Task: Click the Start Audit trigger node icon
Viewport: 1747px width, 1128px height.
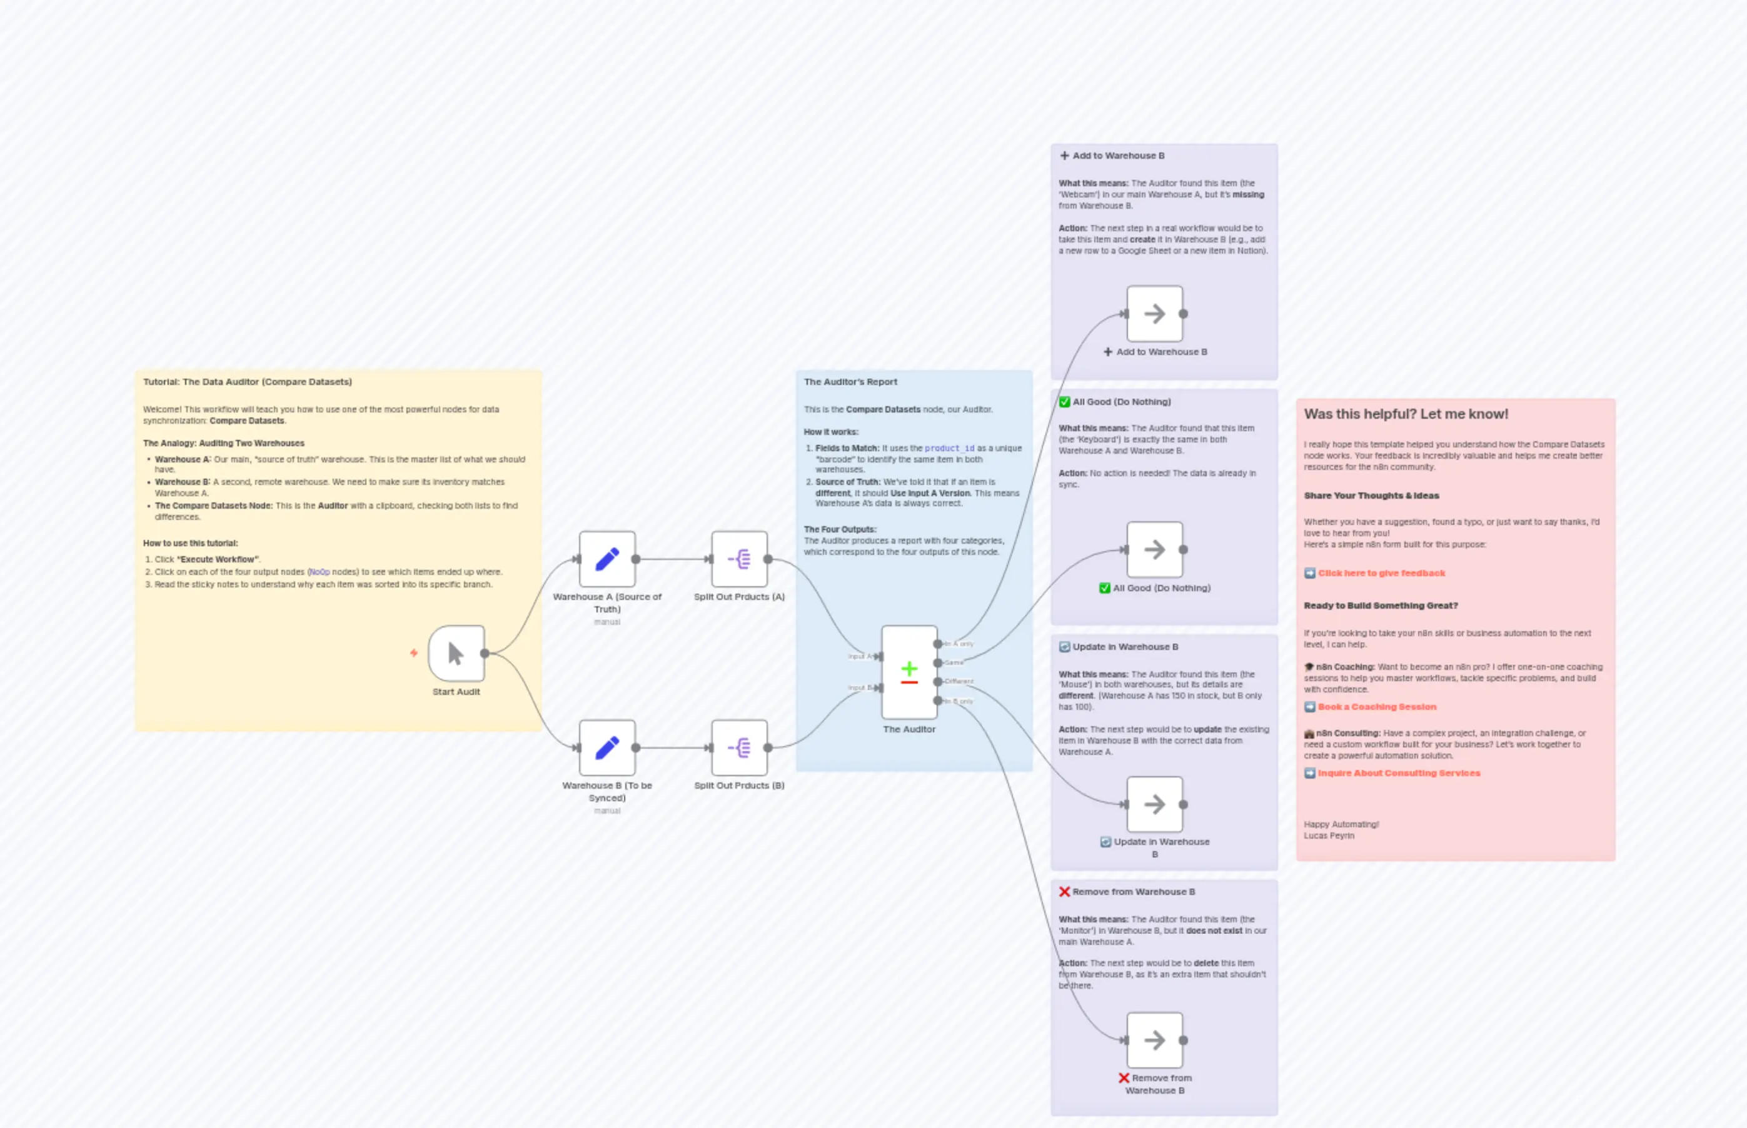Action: click(x=456, y=652)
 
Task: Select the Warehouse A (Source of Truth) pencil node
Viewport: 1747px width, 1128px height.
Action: click(x=607, y=559)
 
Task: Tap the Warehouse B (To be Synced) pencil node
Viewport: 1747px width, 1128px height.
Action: click(x=607, y=747)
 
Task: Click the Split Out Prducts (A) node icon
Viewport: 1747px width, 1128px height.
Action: click(x=738, y=559)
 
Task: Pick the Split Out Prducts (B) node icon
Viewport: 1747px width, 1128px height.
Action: click(x=738, y=747)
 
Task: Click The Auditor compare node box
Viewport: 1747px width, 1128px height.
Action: click(x=909, y=672)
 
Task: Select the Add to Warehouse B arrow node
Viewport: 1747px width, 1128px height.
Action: click(x=1154, y=314)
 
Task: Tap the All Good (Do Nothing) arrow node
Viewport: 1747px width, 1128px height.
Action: click(x=1154, y=549)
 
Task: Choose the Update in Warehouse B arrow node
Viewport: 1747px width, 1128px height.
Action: click(x=1154, y=804)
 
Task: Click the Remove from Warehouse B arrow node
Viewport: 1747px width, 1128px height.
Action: click(x=1154, y=1040)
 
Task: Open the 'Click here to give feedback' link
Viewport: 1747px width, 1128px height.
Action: click(x=1381, y=573)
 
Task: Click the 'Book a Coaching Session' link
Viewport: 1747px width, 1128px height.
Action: click(x=1376, y=707)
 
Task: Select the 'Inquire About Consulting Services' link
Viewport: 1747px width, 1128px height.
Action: click(x=1398, y=773)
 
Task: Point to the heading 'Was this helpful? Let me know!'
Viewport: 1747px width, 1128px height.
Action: click(x=1406, y=414)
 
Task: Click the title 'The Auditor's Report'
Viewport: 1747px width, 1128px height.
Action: click(x=850, y=382)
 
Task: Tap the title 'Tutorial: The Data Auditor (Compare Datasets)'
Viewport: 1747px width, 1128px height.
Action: click(x=247, y=382)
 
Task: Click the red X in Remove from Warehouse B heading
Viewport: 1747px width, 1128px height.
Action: click(x=1064, y=891)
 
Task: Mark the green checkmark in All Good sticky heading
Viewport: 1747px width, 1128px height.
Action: click(x=1064, y=401)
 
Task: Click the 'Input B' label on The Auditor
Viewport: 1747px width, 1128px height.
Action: click(x=860, y=688)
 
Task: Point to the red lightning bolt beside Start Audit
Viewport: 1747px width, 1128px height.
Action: click(x=414, y=652)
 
